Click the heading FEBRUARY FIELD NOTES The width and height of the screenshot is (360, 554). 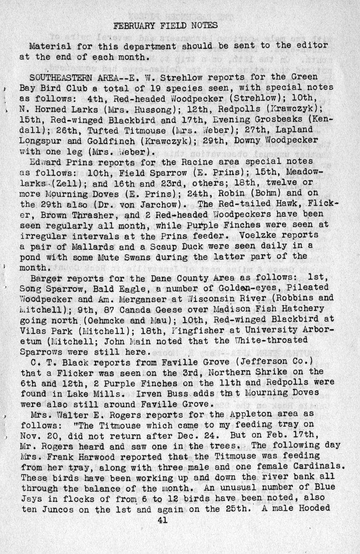(166, 26)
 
